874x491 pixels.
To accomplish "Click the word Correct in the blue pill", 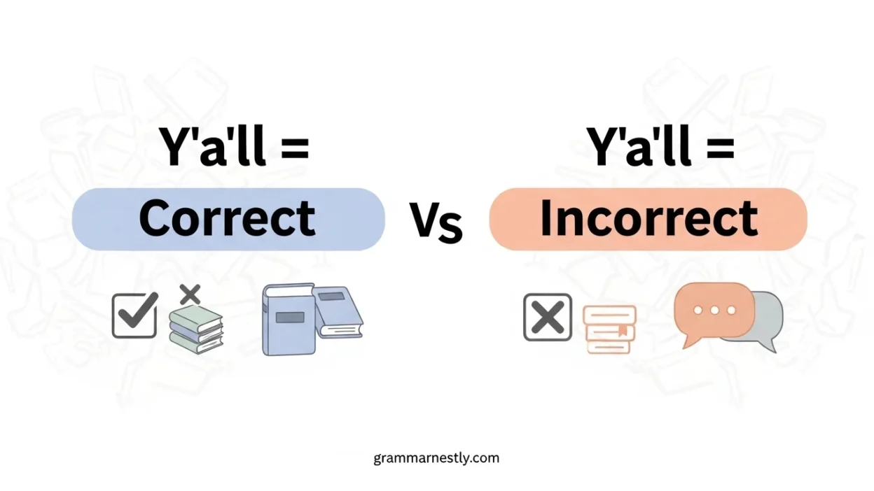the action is [227, 218].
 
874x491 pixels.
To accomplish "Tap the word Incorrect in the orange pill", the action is [648, 218].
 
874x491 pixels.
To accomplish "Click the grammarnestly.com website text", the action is [436, 458].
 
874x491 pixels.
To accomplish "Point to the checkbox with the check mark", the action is [134, 315].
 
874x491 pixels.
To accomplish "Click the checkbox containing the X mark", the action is [548, 318].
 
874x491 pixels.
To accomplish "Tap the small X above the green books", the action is [190, 294].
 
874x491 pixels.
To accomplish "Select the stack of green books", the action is [196, 329].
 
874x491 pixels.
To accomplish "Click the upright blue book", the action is [289, 320].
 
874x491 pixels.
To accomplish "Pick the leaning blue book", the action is [338, 312].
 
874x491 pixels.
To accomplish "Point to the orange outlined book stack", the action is [609, 329].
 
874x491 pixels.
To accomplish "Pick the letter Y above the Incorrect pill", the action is [602, 145].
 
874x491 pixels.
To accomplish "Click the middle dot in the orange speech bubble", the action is [715, 310].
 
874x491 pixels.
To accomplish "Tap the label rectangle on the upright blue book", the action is [290, 318].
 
